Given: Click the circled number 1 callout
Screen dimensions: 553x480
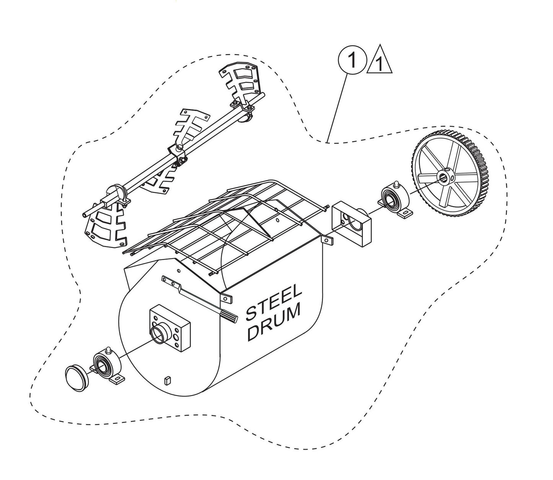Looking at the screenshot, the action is point(352,61).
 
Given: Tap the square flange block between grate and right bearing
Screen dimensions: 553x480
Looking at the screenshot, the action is point(351,224).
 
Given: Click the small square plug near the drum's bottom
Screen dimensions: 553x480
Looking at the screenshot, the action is point(168,380).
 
